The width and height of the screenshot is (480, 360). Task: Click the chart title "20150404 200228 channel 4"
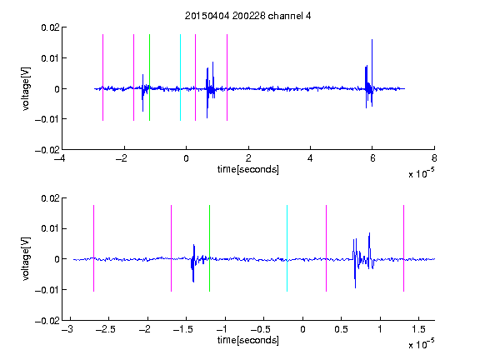click(x=248, y=16)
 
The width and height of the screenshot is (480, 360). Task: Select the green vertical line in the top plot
click(x=149, y=77)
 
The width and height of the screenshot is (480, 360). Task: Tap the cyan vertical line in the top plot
click(x=180, y=77)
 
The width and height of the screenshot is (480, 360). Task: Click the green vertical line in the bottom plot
click(x=209, y=248)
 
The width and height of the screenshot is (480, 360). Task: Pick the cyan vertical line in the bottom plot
click(x=287, y=248)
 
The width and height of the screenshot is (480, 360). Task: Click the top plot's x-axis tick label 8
click(x=434, y=158)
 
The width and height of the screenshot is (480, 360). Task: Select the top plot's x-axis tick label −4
click(x=60, y=158)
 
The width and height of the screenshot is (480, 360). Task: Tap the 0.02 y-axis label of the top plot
click(x=50, y=27)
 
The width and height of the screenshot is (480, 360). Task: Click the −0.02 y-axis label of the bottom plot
click(x=47, y=321)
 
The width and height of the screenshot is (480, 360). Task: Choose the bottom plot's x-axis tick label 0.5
click(x=341, y=329)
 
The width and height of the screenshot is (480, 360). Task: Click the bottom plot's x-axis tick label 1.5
click(x=418, y=329)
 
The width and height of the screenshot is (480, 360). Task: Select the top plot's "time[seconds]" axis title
click(x=248, y=169)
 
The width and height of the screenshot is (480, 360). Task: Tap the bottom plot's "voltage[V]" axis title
click(x=27, y=259)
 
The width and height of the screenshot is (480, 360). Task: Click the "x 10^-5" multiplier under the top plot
click(x=421, y=173)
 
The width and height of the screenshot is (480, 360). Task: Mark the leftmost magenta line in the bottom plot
click(x=93, y=248)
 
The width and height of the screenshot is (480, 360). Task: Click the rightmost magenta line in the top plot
click(x=227, y=77)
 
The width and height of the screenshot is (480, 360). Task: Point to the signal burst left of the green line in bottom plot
click(x=193, y=262)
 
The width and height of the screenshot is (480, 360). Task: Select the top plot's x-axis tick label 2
click(x=248, y=158)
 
